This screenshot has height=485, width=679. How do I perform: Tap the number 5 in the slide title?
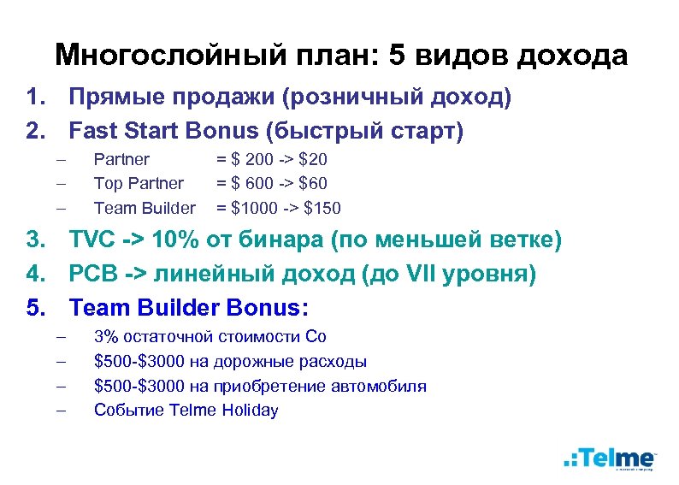(396, 56)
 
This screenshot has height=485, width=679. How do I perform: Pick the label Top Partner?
(139, 183)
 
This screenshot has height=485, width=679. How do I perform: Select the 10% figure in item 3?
(180, 242)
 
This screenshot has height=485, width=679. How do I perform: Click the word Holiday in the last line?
(251, 410)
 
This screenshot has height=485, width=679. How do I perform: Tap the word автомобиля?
(381, 386)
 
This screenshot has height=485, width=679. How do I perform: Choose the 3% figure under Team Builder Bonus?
(105, 337)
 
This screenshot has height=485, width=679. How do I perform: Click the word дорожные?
(246, 362)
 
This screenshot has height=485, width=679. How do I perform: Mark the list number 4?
(34, 275)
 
